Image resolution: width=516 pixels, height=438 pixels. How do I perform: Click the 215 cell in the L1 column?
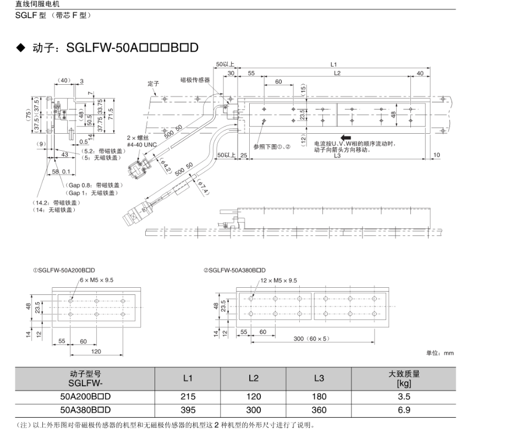(188, 396)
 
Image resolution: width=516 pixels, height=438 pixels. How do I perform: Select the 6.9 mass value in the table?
(404, 410)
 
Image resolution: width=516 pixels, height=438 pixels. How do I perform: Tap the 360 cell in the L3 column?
(319, 410)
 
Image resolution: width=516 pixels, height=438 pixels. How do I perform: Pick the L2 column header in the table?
(253, 379)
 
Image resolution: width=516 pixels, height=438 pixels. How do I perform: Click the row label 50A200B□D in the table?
(85, 396)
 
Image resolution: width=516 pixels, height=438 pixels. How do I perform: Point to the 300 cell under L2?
(253, 410)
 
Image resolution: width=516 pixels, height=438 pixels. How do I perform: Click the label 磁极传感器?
(195, 80)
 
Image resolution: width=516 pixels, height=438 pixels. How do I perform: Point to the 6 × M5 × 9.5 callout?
(97, 280)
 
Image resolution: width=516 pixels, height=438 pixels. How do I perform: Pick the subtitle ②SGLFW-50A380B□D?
(234, 270)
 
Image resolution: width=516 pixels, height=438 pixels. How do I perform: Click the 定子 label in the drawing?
(153, 84)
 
